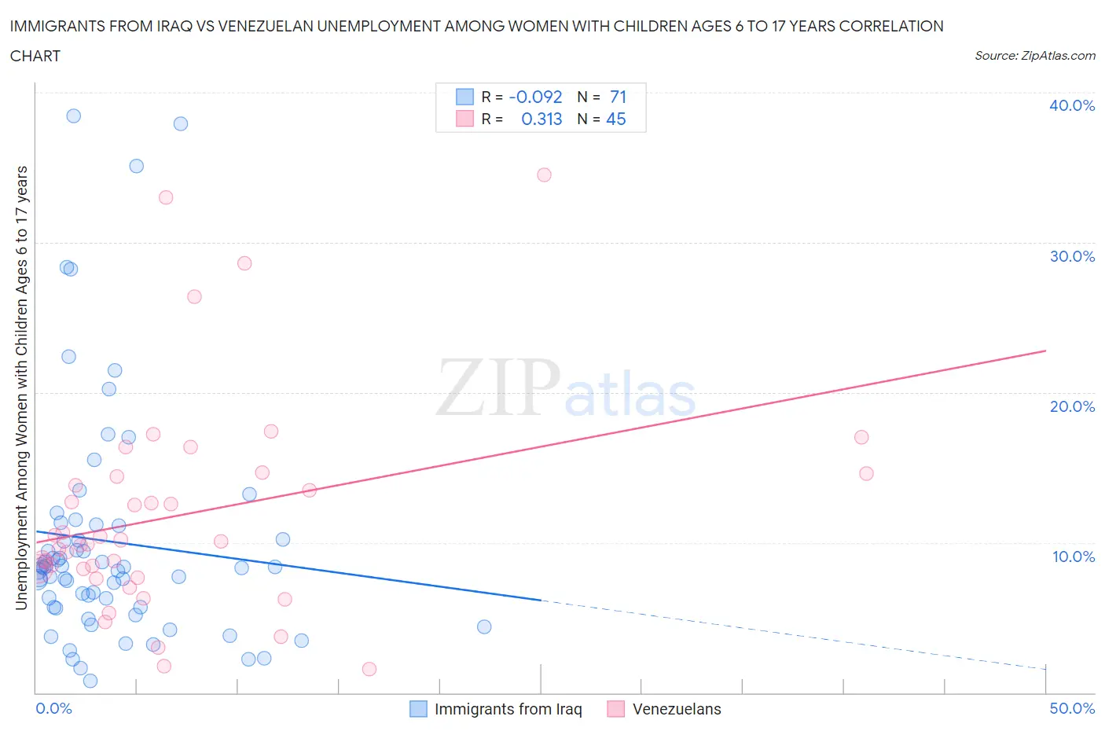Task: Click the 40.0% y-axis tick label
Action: tap(1071, 105)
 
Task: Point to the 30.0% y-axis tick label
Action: tap(1071, 256)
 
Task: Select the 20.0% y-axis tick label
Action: tap(1071, 406)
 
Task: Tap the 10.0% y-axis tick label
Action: tap(1073, 557)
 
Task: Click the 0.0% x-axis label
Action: tap(53, 708)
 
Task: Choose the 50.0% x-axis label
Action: tap(1071, 708)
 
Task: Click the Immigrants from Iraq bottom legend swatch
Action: tap(418, 709)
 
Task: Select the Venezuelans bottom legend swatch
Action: tap(616, 709)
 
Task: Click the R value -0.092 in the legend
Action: tap(535, 97)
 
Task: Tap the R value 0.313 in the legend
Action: tap(541, 119)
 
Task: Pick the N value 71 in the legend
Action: tap(618, 97)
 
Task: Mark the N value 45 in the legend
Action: tap(616, 119)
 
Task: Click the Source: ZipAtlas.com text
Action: tap(1034, 55)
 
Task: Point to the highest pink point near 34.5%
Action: tap(544, 174)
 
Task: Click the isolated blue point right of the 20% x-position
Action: tap(484, 626)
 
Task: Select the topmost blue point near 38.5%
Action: tap(73, 116)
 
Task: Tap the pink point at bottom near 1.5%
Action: tap(369, 669)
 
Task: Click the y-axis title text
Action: tap(21, 388)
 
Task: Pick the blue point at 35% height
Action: tap(136, 166)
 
